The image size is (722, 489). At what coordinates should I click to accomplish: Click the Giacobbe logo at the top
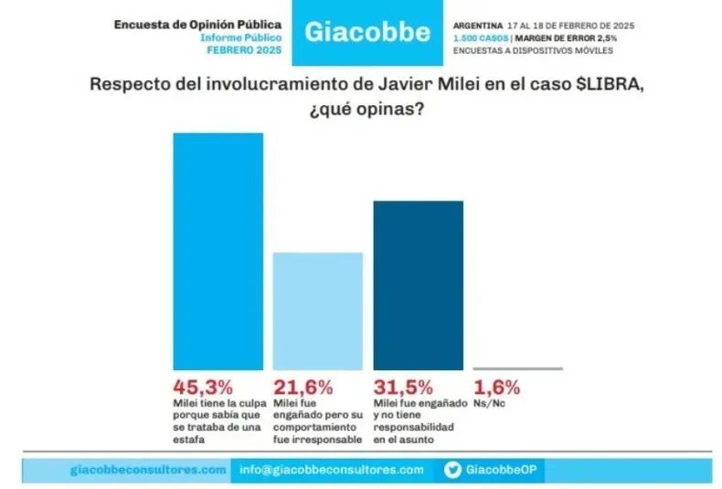366,32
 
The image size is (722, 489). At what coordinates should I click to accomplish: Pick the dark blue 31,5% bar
418,283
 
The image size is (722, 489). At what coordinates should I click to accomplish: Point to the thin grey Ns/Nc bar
517,368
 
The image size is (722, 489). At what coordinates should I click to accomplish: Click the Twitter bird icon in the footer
451,470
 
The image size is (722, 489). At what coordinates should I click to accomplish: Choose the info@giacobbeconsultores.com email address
332,470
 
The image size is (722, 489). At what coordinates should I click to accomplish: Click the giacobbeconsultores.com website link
147,470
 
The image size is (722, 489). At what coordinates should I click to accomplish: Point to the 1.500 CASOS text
481,37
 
